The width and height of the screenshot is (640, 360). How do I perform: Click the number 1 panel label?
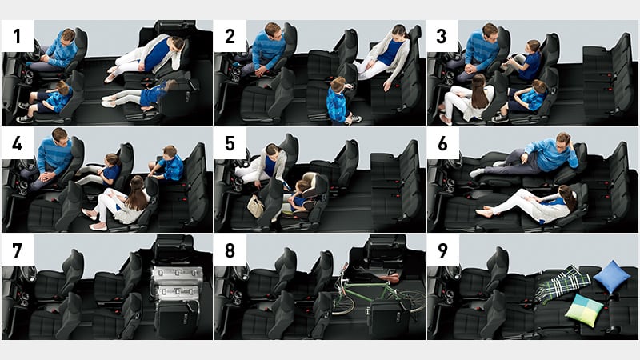pos(17,36)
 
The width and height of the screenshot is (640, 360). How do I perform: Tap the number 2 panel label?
pos(230,36)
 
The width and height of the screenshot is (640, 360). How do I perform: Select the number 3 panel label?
pos(442,36)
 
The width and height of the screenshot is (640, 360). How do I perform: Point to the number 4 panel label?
pos(17,143)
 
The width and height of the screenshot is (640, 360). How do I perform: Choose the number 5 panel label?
pos(230,143)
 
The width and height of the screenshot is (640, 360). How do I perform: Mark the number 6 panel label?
pos(442,143)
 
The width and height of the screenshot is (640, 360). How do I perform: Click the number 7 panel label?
pos(17,250)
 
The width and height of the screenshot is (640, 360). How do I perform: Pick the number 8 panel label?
pos(230,250)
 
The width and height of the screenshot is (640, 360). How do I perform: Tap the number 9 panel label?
pos(442,250)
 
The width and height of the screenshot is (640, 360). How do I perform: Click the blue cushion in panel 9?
pos(612,276)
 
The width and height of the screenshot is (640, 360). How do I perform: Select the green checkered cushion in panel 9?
pos(584,310)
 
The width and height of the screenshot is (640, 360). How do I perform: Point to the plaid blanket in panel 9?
pos(562,284)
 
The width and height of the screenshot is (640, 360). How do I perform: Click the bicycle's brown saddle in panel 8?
pos(388,278)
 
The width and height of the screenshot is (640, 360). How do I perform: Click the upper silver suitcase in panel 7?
pos(177,275)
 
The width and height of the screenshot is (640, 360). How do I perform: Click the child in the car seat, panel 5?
pos(301,196)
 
